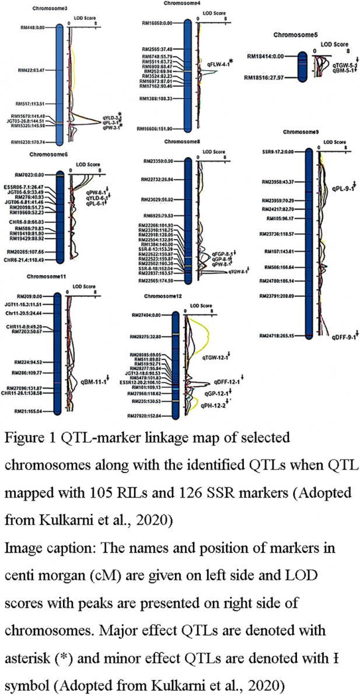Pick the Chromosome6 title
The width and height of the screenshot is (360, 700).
coord(47,155)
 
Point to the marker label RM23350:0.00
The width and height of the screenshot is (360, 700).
coord(158,160)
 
